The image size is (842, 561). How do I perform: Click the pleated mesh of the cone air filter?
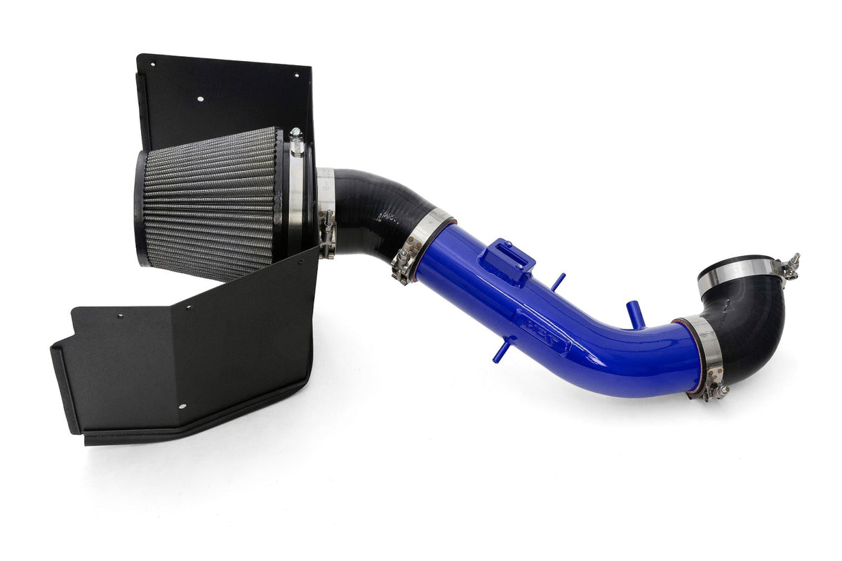tap(210, 203)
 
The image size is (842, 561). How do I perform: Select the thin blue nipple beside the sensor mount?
tap(557, 282)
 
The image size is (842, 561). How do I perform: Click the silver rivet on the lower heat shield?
tap(182, 406)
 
